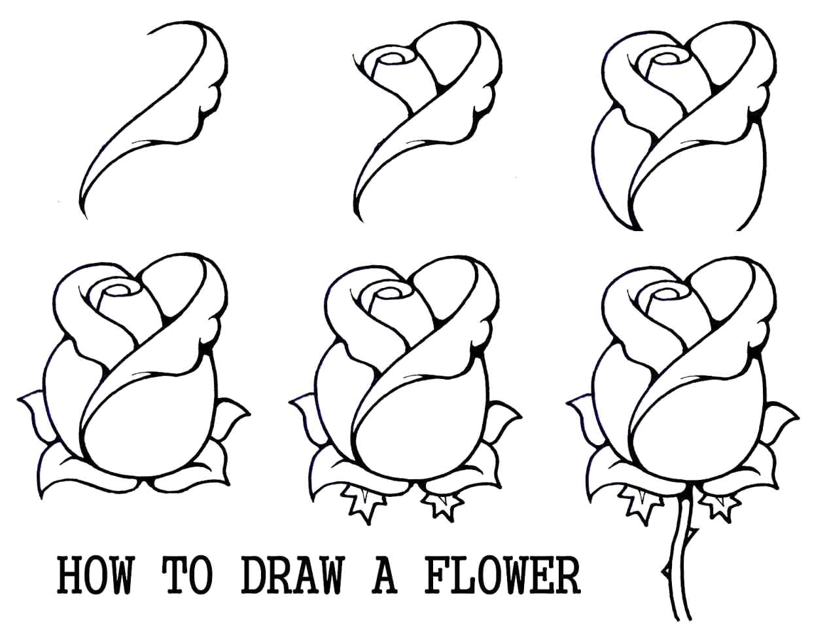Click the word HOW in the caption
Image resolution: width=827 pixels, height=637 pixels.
tap(95, 575)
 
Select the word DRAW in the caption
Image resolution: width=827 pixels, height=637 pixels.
tap(292, 575)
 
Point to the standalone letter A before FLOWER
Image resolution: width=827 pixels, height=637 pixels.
tap(385, 575)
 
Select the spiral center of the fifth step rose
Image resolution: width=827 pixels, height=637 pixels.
tap(391, 291)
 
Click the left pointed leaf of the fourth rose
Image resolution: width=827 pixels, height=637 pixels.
tap(31, 412)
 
